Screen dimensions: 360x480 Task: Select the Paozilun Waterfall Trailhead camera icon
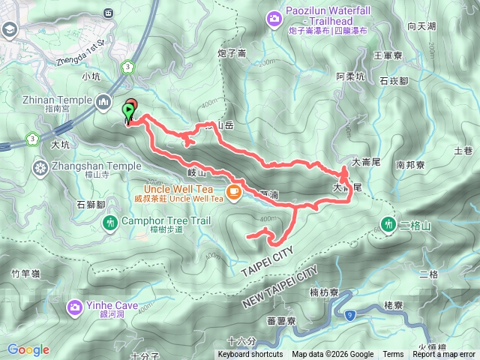pos(275,16)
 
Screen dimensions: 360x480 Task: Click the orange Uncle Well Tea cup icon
pos(234,192)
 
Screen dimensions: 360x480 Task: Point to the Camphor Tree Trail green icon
pos(111,222)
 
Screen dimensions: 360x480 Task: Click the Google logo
pos(28,349)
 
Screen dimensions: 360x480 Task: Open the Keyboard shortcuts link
pos(250,355)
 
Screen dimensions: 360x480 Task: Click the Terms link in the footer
pos(393,355)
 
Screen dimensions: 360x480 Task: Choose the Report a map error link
pos(444,355)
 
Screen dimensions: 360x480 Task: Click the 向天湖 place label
pos(421,26)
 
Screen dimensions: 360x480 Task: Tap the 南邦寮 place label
pos(411,164)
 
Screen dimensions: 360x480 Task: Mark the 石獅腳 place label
pos(91,203)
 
